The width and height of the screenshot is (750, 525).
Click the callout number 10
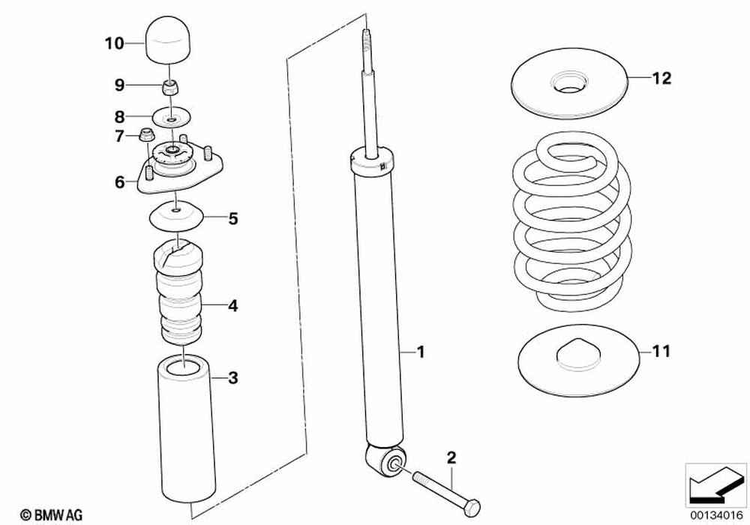pyautogui.click(x=114, y=43)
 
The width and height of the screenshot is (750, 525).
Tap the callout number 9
pyautogui.click(x=119, y=85)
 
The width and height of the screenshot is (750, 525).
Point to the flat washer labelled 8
pyautogui.click(x=172, y=118)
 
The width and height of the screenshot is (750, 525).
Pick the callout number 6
pyautogui.click(x=119, y=182)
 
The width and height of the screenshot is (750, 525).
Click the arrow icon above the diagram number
pyautogui.click(x=715, y=483)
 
